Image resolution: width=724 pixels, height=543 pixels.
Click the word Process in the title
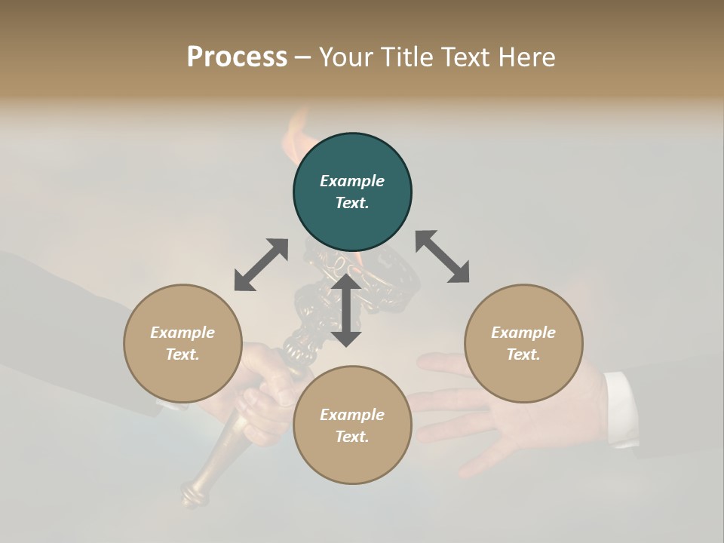(x=237, y=57)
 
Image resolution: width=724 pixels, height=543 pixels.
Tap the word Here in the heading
(x=525, y=57)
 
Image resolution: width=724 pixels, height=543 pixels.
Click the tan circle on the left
(x=183, y=343)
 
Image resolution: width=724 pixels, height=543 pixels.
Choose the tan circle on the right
(x=523, y=343)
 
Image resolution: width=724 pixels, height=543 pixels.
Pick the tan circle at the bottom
(x=352, y=425)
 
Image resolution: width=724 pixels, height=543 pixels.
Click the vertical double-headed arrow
(x=346, y=310)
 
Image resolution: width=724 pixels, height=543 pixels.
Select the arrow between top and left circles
(x=262, y=265)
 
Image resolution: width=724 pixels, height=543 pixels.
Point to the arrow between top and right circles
(x=442, y=256)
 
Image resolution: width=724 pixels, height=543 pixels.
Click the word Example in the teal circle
(x=352, y=181)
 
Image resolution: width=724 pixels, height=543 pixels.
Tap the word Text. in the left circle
(x=183, y=354)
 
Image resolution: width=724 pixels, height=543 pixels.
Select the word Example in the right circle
(x=523, y=333)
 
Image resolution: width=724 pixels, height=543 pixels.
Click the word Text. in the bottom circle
(x=352, y=437)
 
